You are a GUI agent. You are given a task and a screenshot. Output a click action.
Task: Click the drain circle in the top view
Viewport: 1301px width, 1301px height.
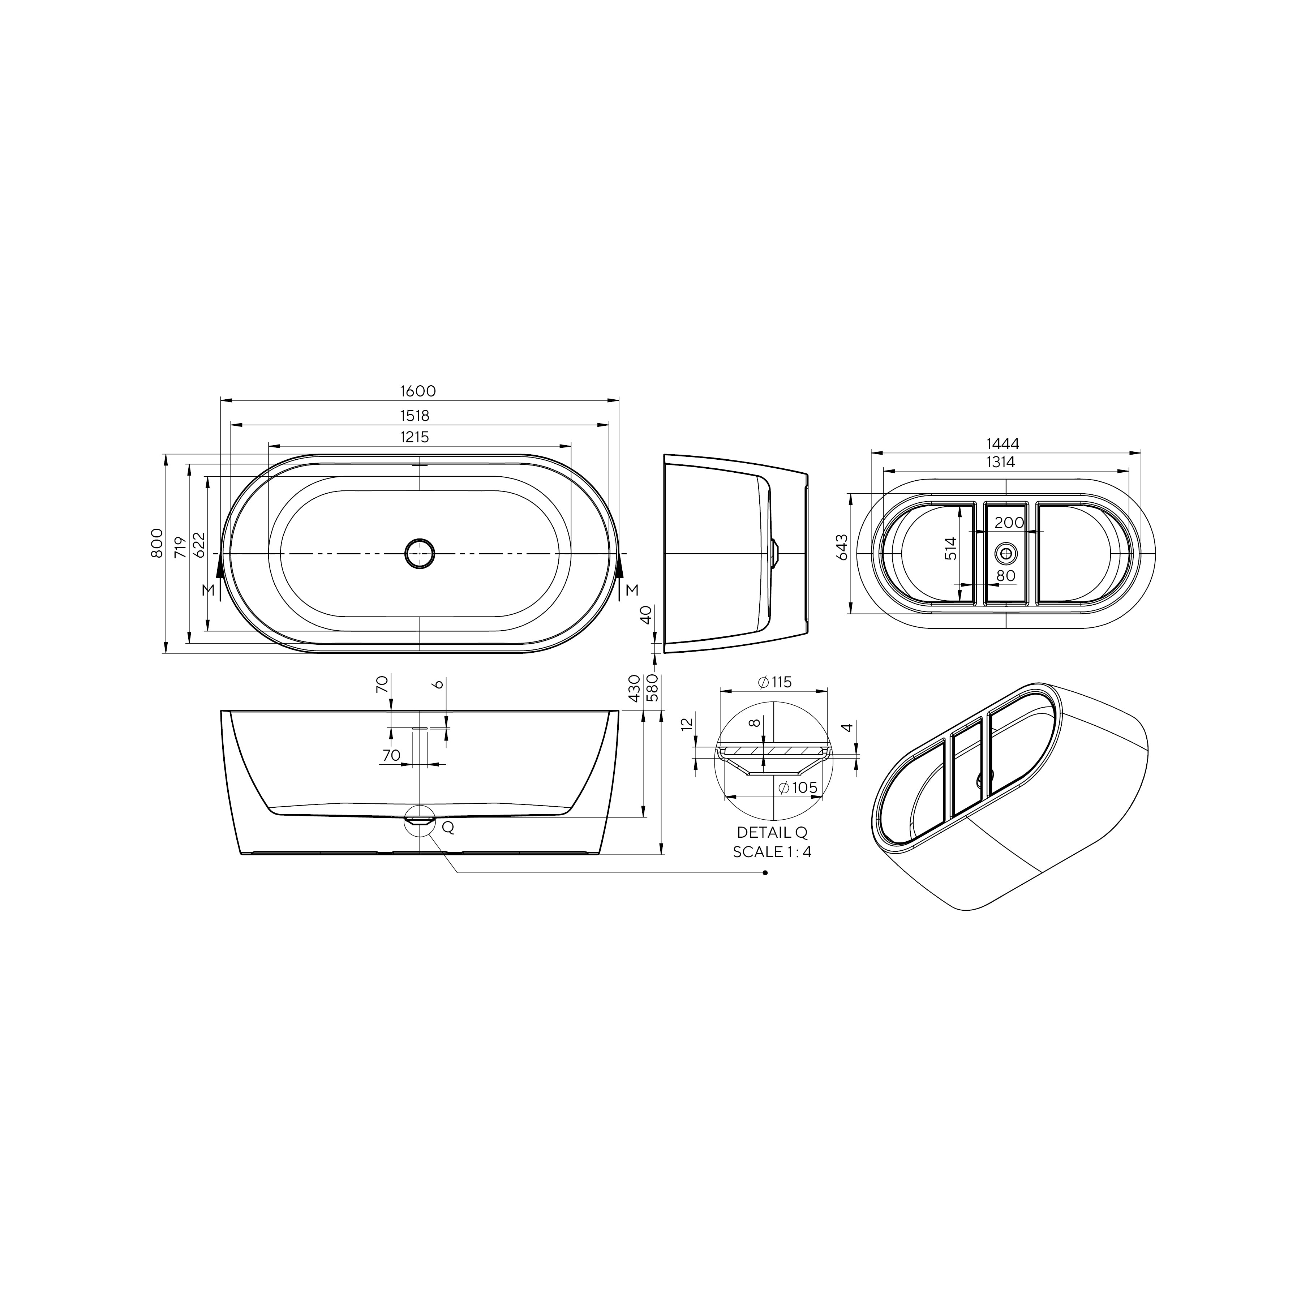[420, 554]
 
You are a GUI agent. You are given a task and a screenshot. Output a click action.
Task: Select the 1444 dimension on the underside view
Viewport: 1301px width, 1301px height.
[1003, 444]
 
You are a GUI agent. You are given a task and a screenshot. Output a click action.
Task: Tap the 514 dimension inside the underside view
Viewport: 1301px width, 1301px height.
[950, 549]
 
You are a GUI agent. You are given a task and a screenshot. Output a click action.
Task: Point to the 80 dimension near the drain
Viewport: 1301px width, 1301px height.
[1005, 576]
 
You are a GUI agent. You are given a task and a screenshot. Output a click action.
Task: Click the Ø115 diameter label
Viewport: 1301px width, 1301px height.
[774, 682]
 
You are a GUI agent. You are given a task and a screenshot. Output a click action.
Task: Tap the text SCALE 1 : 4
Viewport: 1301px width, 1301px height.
[772, 852]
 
